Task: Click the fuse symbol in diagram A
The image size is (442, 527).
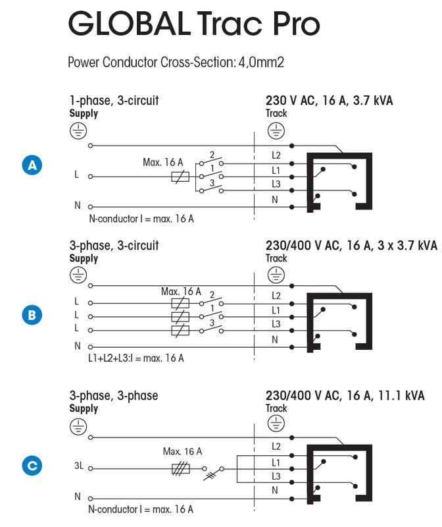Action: [x=180, y=177]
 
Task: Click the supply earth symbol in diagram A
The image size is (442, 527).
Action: [x=78, y=131]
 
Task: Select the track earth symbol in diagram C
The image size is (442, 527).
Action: [x=275, y=426]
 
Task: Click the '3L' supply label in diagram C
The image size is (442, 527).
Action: [x=78, y=466]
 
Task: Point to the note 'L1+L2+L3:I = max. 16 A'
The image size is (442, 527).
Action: [x=135, y=358]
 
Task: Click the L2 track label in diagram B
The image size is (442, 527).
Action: [x=276, y=296]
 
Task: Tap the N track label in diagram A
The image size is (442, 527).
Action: [x=276, y=200]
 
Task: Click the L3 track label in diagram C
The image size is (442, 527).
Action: [x=276, y=476]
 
